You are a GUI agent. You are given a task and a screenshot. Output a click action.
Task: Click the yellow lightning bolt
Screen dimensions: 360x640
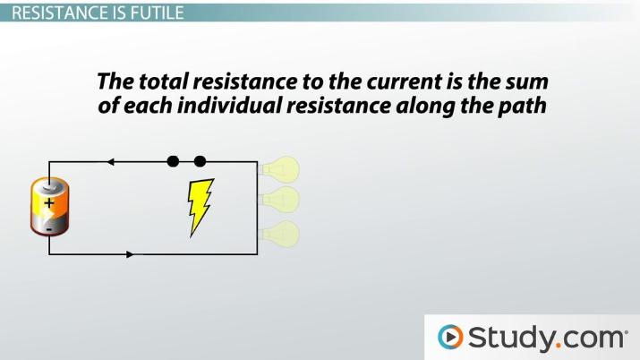coord(200,207)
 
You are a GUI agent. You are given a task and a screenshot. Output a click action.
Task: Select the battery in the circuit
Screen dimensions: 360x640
coord(47,207)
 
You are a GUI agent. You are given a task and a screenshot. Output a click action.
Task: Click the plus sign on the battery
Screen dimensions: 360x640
coord(48,203)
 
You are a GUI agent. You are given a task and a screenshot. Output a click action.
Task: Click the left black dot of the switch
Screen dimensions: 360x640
coord(173,162)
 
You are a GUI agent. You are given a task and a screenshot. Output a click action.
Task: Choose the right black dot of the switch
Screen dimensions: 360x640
coord(200,162)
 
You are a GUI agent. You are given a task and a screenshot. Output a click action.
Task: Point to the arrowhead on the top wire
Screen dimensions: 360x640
coord(111,162)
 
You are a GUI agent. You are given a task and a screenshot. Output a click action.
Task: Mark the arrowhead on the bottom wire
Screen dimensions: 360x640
coord(131,254)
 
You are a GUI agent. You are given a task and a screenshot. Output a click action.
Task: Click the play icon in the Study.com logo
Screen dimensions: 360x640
coord(450,337)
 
